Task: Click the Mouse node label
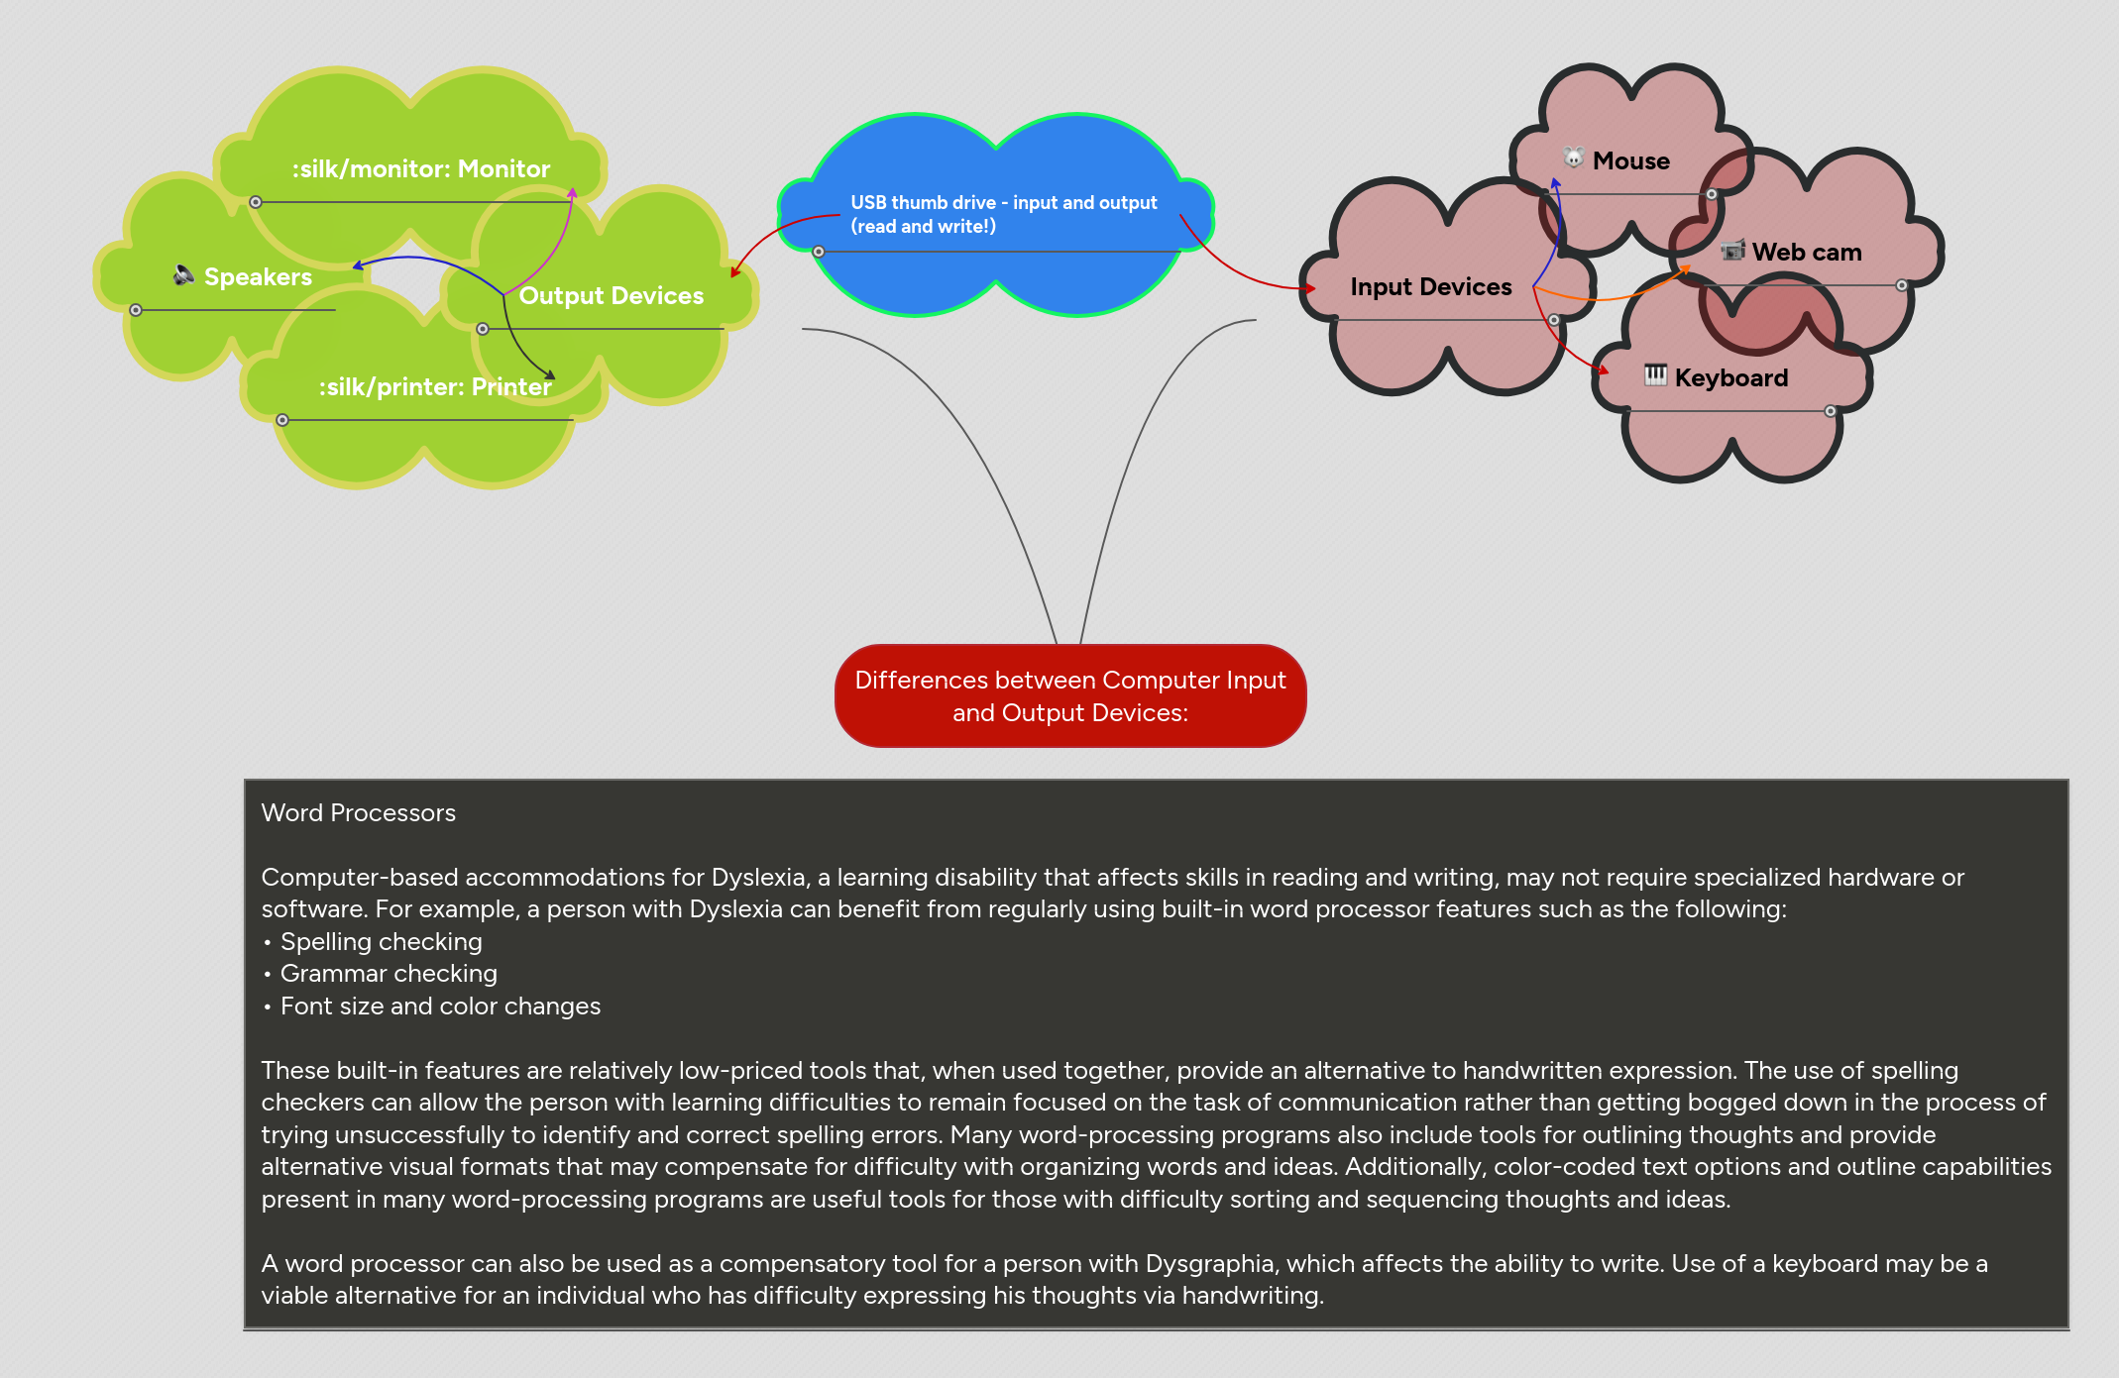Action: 1630,160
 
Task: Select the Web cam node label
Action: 1806,253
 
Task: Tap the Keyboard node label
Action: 1730,377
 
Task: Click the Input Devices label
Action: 1430,287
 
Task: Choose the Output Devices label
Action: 611,296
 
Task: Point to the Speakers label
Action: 258,277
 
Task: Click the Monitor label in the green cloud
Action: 420,169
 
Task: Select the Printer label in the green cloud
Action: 434,387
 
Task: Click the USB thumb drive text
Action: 1003,214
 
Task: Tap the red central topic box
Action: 1070,696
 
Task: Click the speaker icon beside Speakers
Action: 183,274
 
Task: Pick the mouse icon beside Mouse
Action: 1573,158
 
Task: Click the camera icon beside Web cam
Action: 1732,251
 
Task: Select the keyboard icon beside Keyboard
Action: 1655,374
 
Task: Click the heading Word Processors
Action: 359,813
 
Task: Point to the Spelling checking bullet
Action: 381,942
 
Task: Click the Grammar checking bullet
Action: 389,974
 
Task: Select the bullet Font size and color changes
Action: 440,1007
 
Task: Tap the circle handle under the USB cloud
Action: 819,252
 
